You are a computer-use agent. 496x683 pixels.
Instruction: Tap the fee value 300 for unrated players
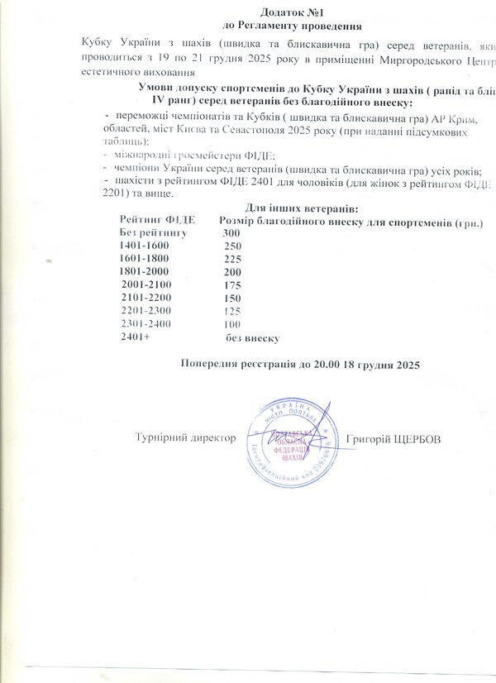click(x=233, y=234)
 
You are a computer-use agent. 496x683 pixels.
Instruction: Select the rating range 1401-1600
click(x=144, y=246)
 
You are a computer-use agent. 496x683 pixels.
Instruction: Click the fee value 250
click(x=233, y=246)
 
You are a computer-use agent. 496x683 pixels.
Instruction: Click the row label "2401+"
click(x=136, y=337)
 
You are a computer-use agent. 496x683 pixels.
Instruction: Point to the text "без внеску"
click(x=254, y=337)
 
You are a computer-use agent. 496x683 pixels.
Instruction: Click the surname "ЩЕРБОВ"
click(x=413, y=437)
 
